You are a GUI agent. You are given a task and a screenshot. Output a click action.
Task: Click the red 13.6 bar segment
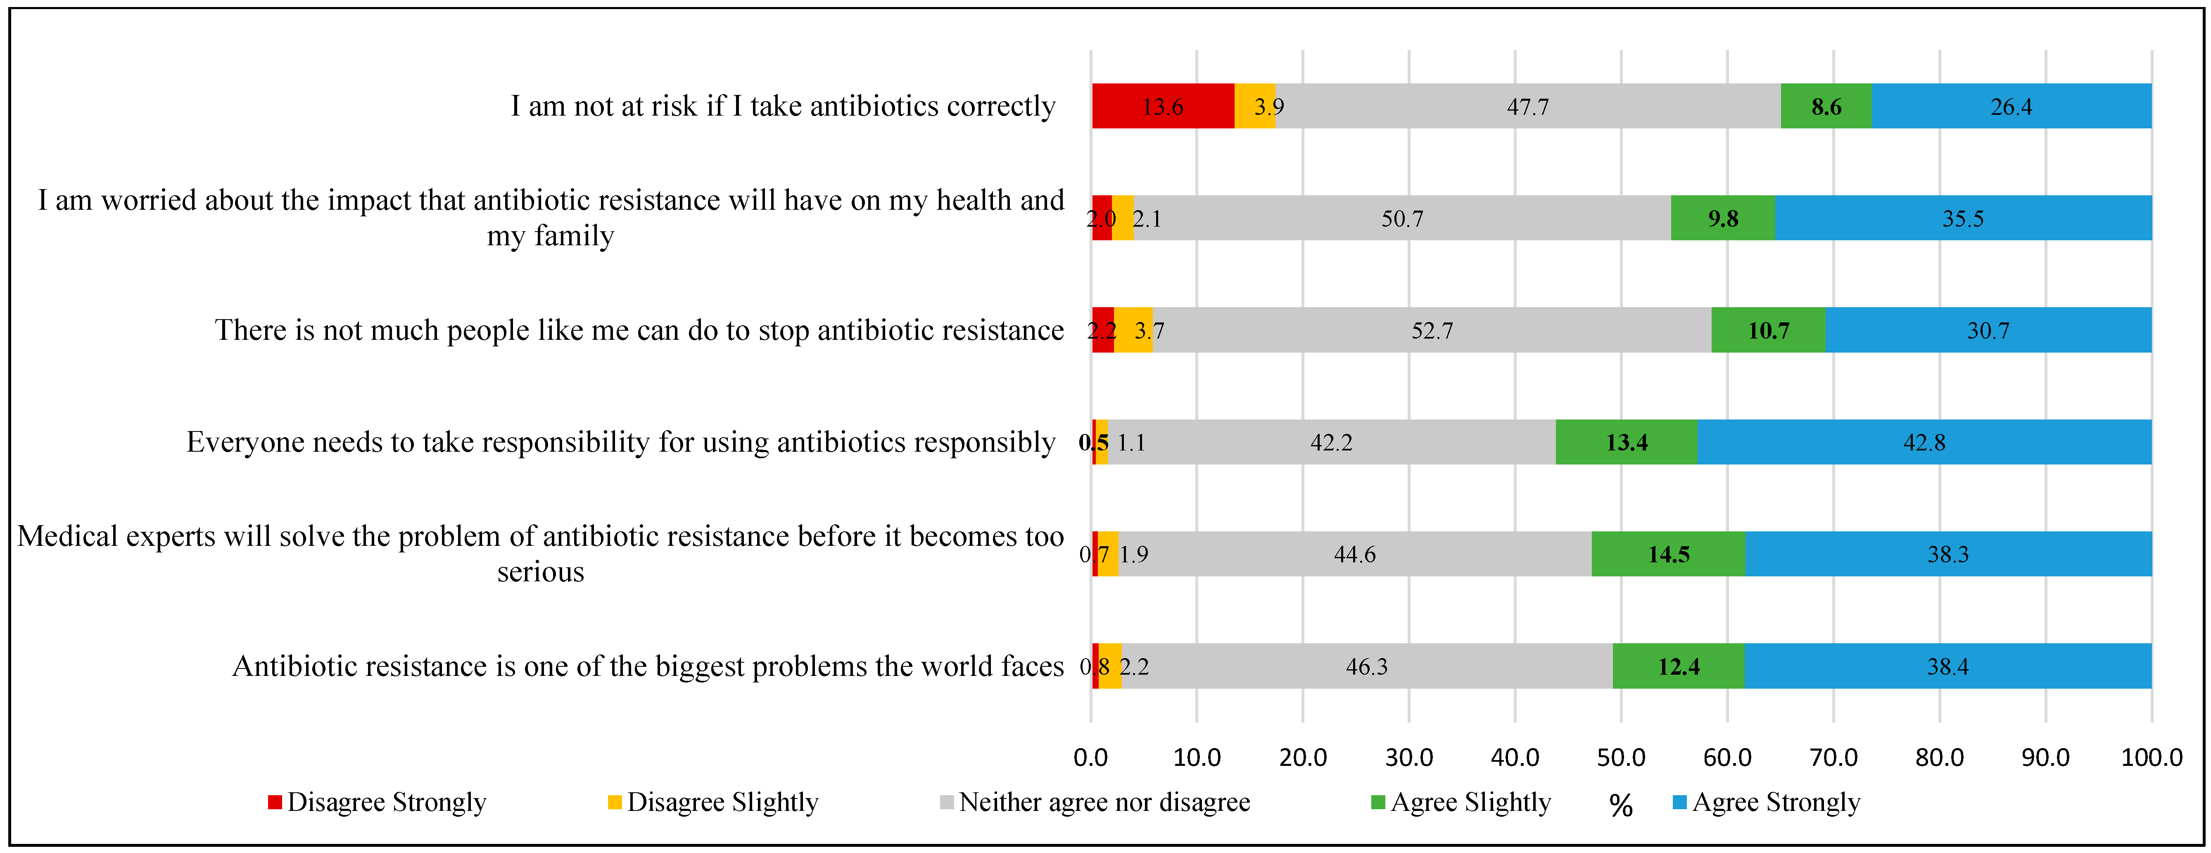1163,107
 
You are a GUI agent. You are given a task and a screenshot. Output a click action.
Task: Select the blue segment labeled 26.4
2011,107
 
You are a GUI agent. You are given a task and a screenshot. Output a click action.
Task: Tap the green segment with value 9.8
1723,218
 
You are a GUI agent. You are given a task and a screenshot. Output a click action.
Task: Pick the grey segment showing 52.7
1432,330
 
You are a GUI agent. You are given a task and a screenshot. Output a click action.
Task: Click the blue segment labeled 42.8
1924,442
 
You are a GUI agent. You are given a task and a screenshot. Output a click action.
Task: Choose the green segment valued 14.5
1668,554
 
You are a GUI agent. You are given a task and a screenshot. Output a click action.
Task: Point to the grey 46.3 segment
1366,666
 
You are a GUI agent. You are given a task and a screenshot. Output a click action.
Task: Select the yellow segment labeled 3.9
1255,107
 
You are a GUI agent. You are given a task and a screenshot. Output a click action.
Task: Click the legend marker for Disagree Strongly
275,802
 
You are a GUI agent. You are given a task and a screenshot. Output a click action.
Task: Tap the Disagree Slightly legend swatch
615,802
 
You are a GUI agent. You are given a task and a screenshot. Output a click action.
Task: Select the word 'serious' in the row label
541,571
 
